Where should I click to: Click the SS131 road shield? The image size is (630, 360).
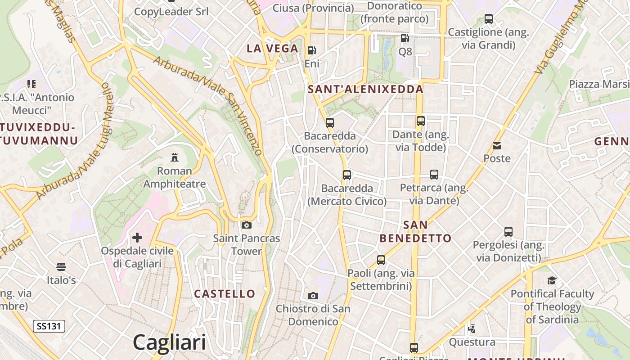pyautogui.click(x=49, y=326)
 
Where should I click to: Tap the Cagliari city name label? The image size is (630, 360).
pyautogui.click(x=169, y=342)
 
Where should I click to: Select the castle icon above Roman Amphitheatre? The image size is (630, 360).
pyautogui.click(x=175, y=157)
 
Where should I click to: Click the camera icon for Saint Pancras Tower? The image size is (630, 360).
pyautogui.click(x=247, y=225)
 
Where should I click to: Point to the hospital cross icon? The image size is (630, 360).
pyautogui.click(x=137, y=237)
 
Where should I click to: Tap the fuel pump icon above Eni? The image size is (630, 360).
pyautogui.click(x=311, y=50)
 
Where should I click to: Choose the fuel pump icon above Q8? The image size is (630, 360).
pyautogui.click(x=405, y=39)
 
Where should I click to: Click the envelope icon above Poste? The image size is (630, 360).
pyautogui.click(x=497, y=145)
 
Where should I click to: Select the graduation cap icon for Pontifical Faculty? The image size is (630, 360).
pyautogui.click(x=552, y=281)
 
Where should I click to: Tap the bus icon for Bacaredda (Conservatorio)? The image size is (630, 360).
pyautogui.click(x=330, y=122)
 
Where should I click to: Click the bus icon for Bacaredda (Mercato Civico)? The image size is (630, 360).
pyautogui.click(x=347, y=175)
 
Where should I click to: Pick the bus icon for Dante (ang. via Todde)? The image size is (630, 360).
pyautogui.click(x=421, y=121)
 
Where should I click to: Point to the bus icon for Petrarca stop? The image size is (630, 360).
pyautogui.click(x=434, y=175)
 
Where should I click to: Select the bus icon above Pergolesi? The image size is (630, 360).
pyautogui.click(x=508, y=232)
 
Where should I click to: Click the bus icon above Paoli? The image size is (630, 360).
pyautogui.click(x=381, y=260)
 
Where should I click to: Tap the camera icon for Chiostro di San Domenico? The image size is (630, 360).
pyautogui.click(x=313, y=296)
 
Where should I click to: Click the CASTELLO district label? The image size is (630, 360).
pyautogui.click(x=225, y=294)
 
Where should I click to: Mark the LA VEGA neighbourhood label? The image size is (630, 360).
pyautogui.click(x=272, y=49)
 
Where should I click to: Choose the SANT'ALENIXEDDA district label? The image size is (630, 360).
pyautogui.click(x=365, y=89)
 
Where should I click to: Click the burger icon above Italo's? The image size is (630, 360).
pyautogui.click(x=61, y=267)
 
